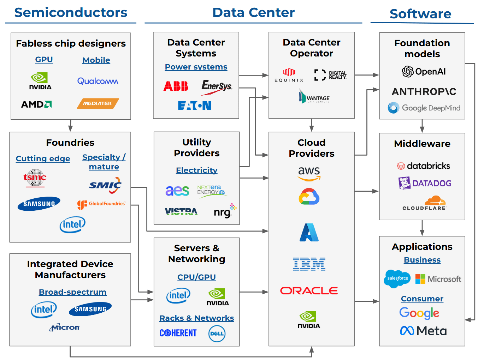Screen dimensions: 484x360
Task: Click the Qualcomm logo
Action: pyautogui.click(x=98, y=81)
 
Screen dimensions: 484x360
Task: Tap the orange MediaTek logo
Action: pyautogui.click(x=98, y=103)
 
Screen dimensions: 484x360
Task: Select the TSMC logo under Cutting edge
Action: pyautogui.click(x=35, y=178)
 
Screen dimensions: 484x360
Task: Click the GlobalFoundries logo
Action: pyautogui.click(x=101, y=204)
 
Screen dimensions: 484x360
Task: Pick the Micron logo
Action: pyautogui.click(x=65, y=327)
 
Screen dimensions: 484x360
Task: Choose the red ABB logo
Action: pyautogui.click(x=176, y=86)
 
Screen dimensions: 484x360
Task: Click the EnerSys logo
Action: pyautogui.click(x=217, y=87)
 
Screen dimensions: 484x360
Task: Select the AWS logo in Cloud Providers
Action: pyautogui.click(x=309, y=174)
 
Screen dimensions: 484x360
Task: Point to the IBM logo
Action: pyautogui.click(x=309, y=264)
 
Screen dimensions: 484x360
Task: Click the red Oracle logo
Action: pyautogui.click(x=309, y=290)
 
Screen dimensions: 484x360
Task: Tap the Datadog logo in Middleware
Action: pyautogui.click(x=424, y=183)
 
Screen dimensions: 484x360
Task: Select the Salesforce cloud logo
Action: pyautogui.click(x=397, y=278)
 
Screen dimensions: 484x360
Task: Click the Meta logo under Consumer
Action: pyautogui.click(x=423, y=331)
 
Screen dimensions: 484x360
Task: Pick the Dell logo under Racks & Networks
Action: pyautogui.click(x=217, y=334)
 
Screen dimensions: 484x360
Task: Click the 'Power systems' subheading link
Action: pyautogui.click(x=196, y=67)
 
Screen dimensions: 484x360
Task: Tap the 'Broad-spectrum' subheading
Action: pyautogui.click(x=72, y=292)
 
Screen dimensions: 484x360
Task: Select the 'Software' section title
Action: pyautogui.click(x=420, y=14)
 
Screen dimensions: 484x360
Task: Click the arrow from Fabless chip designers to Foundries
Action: pyautogui.click(x=71, y=126)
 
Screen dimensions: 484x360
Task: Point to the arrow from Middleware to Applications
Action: pyautogui.click(x=422, y=228)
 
